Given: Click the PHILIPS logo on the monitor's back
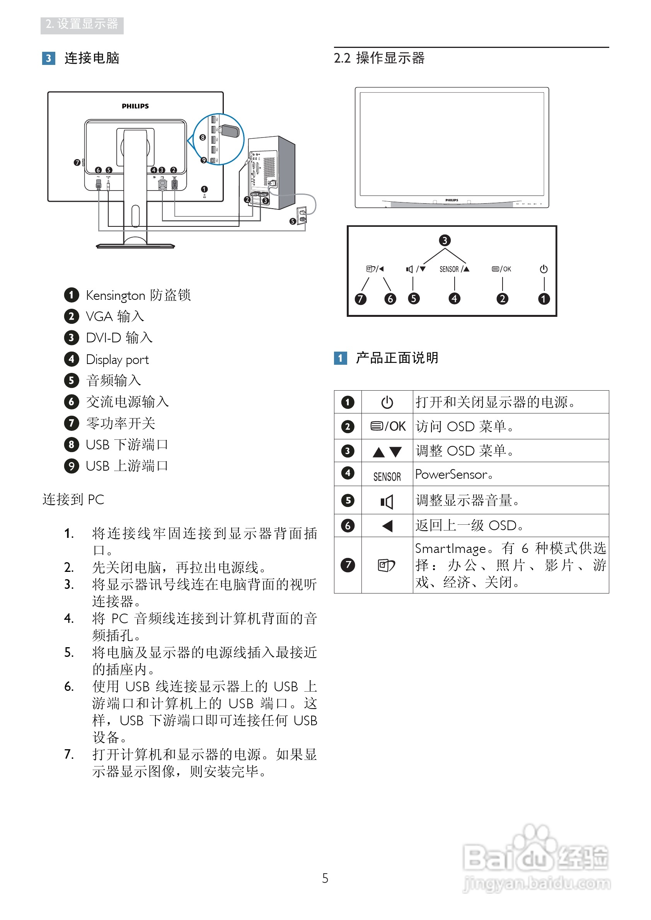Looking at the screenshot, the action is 135,106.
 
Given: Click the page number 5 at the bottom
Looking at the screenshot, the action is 325,878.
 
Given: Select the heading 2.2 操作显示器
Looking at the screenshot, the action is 379,58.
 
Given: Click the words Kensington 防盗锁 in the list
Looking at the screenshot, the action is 138,295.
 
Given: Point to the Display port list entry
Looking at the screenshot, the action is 117,359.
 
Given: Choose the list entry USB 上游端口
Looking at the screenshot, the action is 127,466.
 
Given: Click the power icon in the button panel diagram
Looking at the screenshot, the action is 544,269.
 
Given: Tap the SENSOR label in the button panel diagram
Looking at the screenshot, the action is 449,269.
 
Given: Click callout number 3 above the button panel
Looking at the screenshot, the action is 445,240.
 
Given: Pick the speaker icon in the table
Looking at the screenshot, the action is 387,501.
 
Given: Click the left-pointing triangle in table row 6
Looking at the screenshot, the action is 387,526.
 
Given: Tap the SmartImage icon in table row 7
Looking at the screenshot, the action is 387,565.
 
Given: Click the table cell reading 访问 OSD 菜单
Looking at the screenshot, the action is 465,427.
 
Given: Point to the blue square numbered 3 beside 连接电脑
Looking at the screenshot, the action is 48,58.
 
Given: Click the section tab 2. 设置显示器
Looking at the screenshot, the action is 82,25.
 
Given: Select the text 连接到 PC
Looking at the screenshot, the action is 73,500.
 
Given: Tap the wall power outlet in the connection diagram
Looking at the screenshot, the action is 302,216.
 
